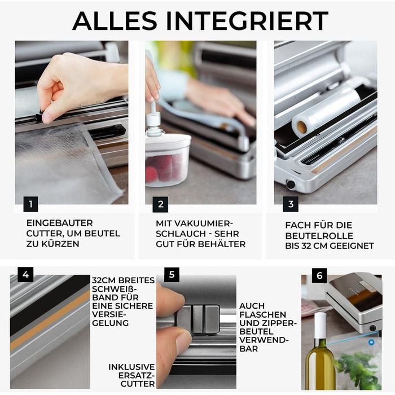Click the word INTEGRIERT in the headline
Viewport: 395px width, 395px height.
point(247,21)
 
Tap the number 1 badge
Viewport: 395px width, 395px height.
point(30,204)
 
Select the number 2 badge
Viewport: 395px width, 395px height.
point(160,204)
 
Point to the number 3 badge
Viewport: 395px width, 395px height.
point(291,204)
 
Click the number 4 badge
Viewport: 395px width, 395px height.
point(25,275)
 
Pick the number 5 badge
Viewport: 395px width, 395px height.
point(172,275)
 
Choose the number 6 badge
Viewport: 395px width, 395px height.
point(319,275)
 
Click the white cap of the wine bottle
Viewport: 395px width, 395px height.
point(321,325)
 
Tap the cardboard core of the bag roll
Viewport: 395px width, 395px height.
point(301,127)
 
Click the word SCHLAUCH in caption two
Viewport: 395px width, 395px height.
point(177,234)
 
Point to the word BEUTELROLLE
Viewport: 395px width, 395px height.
point(319,236)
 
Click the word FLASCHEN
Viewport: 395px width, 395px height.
point(263,315)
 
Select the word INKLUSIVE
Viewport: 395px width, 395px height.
point(131,367)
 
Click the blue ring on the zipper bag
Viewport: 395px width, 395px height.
point(371,343)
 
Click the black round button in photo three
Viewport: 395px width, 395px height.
point(291,185)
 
